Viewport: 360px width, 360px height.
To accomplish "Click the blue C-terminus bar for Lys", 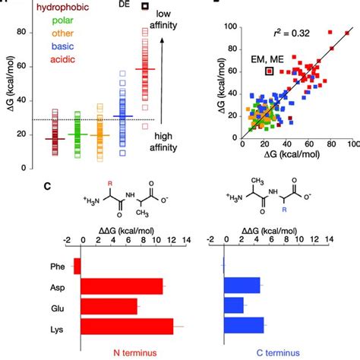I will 244,326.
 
